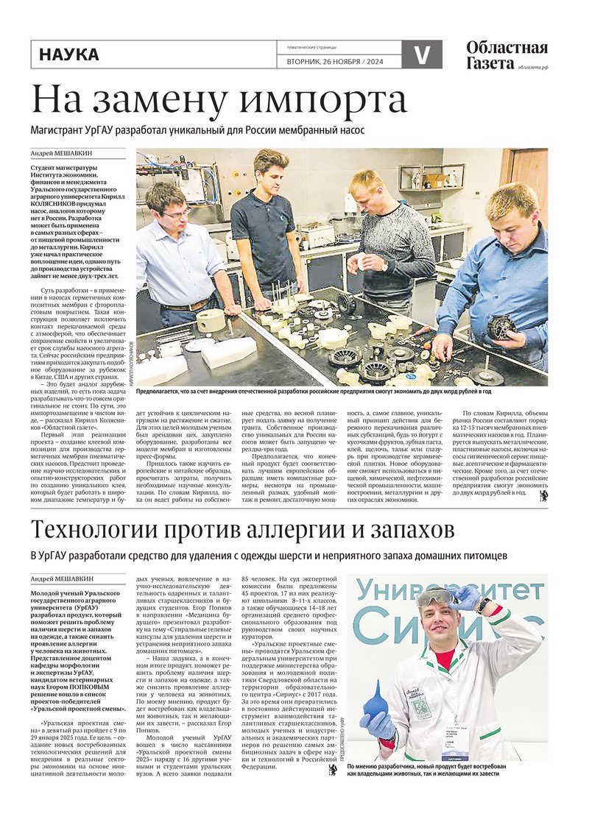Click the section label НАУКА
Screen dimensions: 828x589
tap(68, 54)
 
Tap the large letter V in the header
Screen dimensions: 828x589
tap(421, 54)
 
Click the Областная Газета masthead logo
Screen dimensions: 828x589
tap(507, 55)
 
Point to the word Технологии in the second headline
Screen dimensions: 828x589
tap(111, 529)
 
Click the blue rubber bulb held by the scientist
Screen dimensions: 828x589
tap(375, 702)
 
